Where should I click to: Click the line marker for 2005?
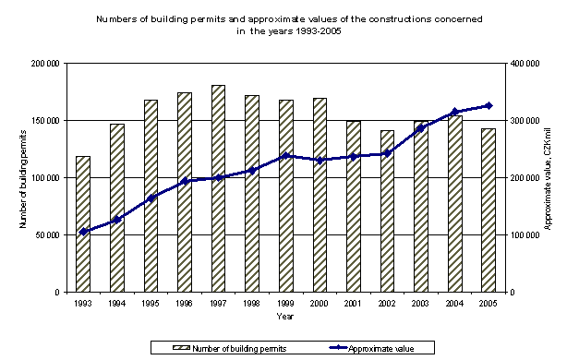tap(488, 105)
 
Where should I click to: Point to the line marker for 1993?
tap(83, 232)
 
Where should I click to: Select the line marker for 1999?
tap(285, 155)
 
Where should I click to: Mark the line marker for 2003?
tap(420, 128)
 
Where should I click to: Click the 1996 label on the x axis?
tap(184, 303)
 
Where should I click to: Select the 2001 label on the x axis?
tap(353, 303)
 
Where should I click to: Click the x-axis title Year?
tap(284, 317)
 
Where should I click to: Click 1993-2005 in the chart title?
tap(281, 30)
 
